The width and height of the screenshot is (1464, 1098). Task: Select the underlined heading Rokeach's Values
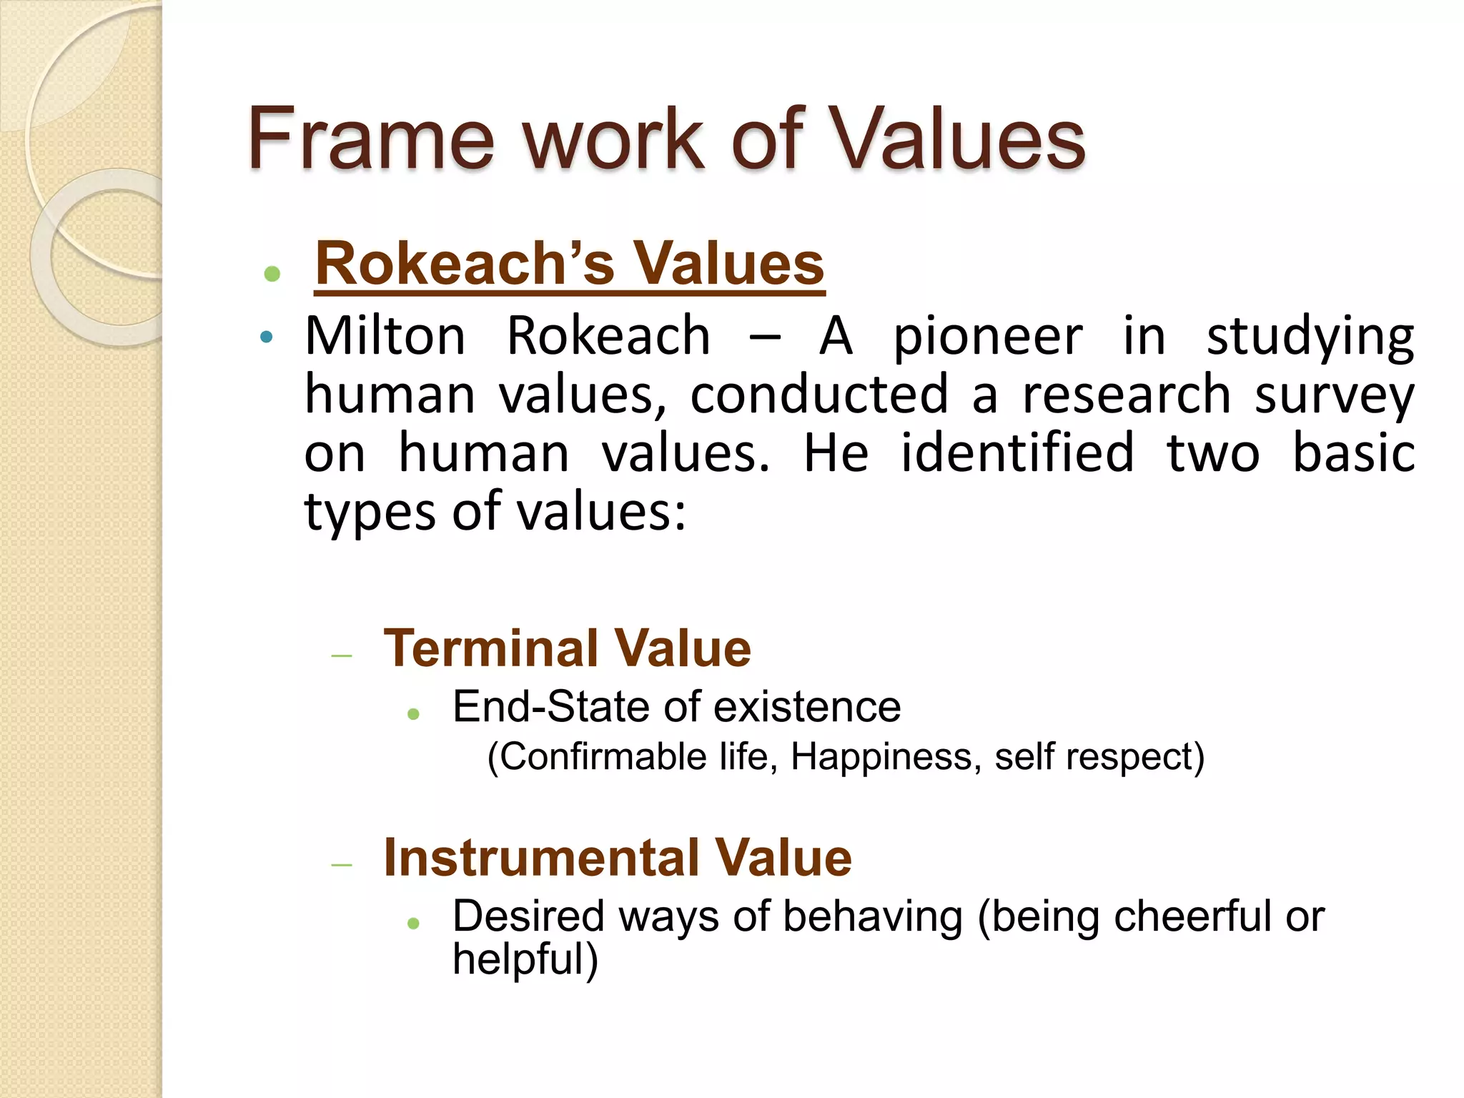click(569, 264)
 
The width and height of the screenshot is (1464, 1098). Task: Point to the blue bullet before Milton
click(267, 337)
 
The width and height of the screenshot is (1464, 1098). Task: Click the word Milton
click(385, 335)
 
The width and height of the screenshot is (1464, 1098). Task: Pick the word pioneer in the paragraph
click(988, 337)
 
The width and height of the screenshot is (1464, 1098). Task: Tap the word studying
click(1310, 337)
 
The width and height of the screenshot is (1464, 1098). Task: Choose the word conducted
click(818, 394)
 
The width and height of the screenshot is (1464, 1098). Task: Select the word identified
click(1017, 452)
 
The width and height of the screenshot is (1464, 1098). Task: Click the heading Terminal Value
click(567, 648)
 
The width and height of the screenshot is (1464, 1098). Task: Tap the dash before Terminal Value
click(342, 656)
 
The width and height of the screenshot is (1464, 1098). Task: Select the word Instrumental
click(541, 857)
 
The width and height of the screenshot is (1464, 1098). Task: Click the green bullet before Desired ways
click(413, 923)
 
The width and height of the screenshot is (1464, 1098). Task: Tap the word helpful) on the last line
click(525, 959)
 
